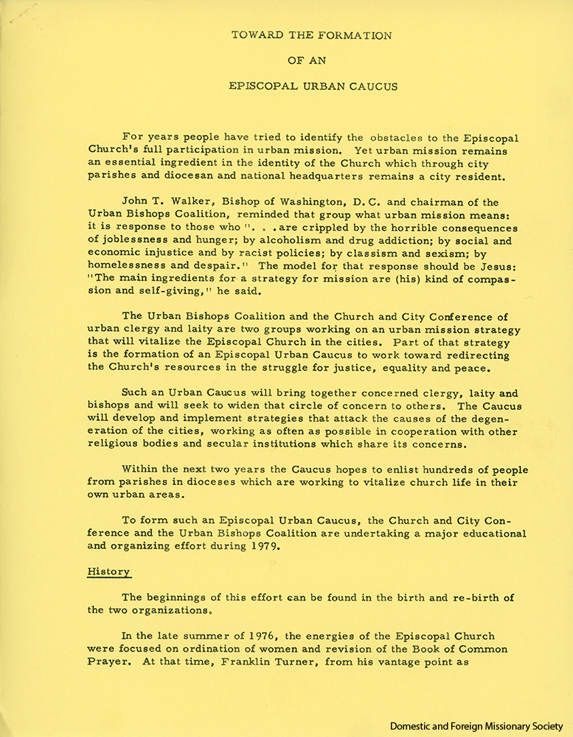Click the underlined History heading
click(109, 571)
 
